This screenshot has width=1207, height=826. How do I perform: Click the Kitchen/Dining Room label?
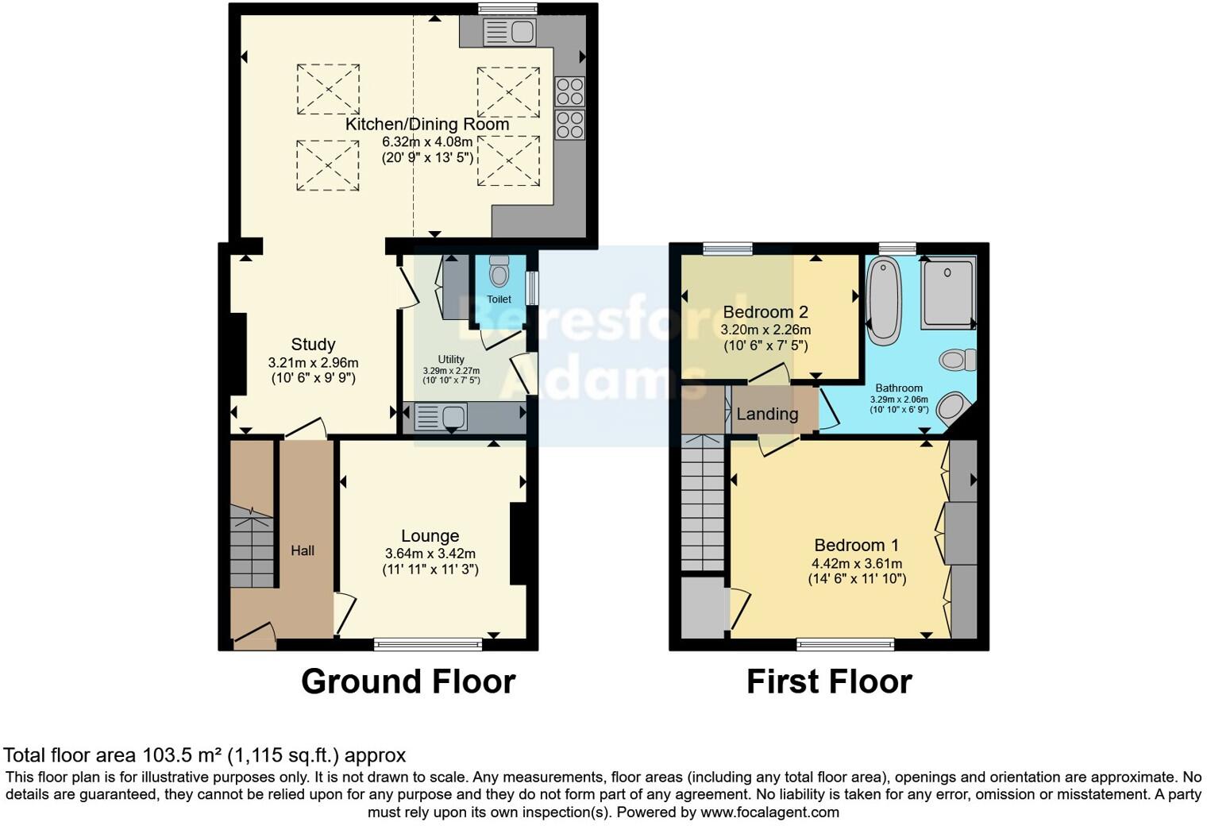[426, 125]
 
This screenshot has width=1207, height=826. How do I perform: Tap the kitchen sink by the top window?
[510, 33]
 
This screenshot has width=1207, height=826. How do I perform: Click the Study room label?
[313, 345]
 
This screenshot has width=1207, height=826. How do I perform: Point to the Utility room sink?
[440, 417]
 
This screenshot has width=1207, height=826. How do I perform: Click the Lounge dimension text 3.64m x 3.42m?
[430, 554]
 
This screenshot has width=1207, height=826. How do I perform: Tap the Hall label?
[303, 550]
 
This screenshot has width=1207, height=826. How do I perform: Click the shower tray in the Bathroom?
[947, 291]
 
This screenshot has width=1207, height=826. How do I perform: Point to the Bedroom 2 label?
[765, 312]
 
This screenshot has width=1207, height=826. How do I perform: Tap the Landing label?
[766, 414]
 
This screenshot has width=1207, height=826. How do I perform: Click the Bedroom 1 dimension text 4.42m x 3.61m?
[856, 563]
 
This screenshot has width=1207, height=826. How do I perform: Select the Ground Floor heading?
[408, 682]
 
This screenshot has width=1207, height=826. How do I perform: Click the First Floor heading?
[829, 682]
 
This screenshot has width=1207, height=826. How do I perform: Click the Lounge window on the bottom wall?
[428, 644]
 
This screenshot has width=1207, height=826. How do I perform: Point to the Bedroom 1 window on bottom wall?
[846, 644]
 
